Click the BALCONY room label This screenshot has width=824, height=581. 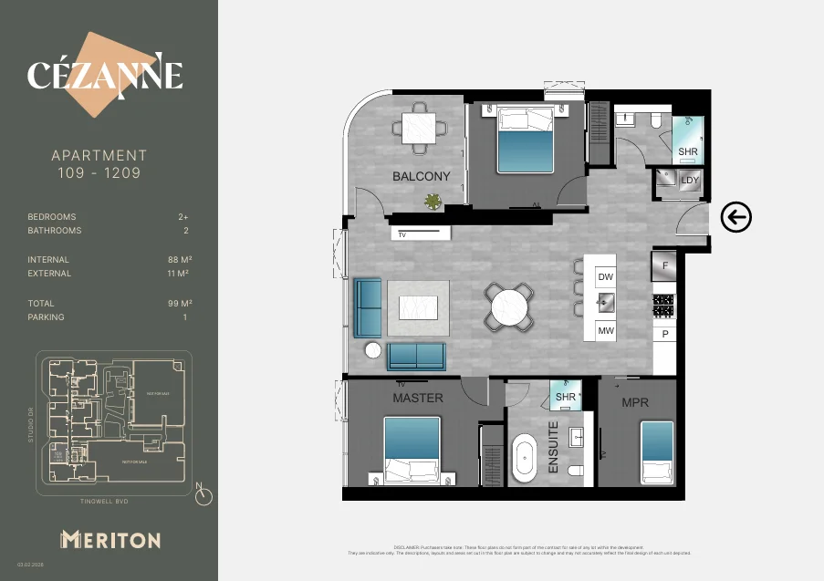tap(421, 176)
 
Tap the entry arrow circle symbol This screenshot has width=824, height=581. tap(735, 217)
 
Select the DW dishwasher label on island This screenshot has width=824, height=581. tap(606, 276)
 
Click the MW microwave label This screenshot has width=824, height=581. tap(606, 332)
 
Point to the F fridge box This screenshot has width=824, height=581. tap(664, 265)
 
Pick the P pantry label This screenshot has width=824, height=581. tap(665, 335)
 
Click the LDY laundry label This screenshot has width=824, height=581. tap(690, 181)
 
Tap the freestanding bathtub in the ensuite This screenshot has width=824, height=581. tap(525, 459)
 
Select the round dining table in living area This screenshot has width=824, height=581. tap(511, 306)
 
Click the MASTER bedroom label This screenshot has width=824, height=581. tap(418, 398)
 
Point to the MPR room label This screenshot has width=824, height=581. tap(635, 401)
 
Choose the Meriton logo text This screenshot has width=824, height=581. tap(110, 539)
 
